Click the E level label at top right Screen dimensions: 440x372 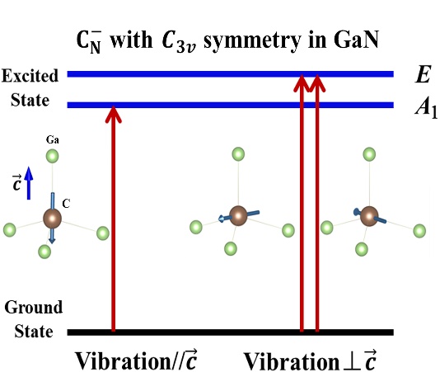423,75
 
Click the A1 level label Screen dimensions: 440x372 426,108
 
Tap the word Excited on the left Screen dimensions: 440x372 30,76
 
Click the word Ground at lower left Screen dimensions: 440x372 34,308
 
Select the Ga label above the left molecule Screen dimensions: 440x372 53,139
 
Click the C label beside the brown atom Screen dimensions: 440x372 66,204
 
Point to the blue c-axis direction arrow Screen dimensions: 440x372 28,183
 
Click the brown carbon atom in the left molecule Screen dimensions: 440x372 52,219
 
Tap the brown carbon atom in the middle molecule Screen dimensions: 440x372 238,215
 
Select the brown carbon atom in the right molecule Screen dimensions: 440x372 369,216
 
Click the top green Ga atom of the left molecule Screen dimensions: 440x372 53,156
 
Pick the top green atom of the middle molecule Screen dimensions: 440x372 238,154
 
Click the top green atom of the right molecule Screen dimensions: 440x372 369,154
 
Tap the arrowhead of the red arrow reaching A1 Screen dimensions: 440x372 114,115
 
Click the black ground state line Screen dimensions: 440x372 230,332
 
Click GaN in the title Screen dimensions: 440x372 356,40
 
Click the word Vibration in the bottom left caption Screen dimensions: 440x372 123,360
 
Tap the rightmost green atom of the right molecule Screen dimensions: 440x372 419,231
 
